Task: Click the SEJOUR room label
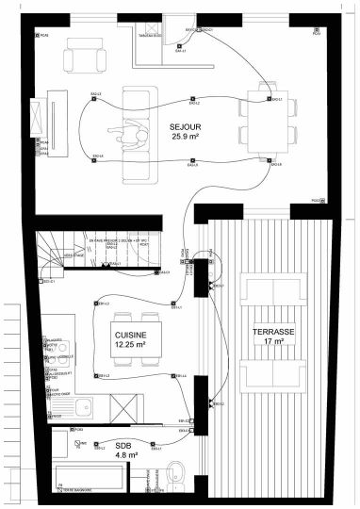[186, 125]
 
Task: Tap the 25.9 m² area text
[186, 137]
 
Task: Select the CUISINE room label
[130, 336]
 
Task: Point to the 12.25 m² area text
[130, 346]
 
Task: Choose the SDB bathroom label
[123, 444]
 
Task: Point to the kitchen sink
[84, 407]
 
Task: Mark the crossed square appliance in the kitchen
[125, 407]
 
